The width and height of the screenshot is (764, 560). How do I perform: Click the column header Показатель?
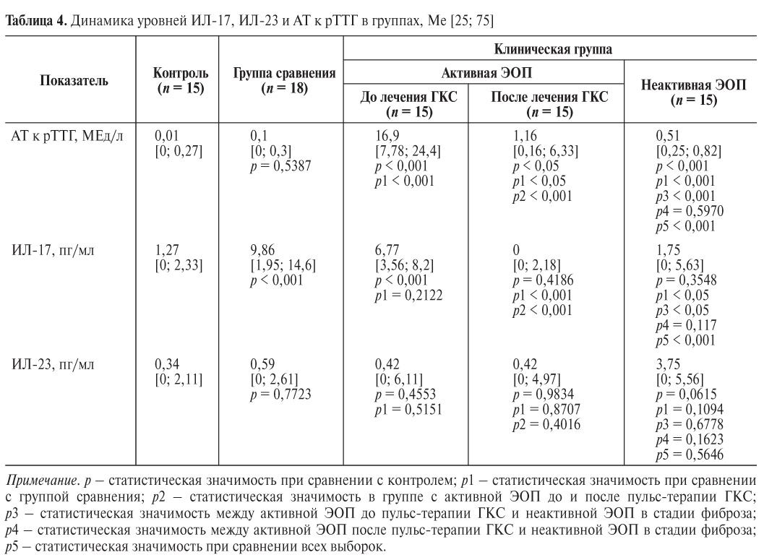coord(74,81)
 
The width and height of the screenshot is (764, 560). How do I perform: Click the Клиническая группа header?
coord(551,49)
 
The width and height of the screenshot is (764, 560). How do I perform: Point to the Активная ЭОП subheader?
coord(484,73)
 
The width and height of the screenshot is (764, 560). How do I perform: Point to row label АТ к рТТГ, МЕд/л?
coord(66,134)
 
